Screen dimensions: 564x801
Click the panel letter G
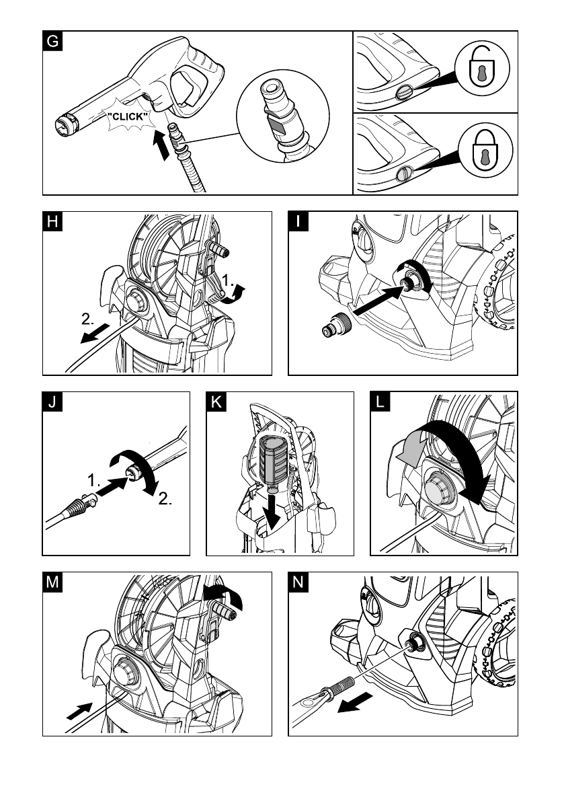[x=52, y=41]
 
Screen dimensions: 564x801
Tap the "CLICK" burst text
[x=127, y=116]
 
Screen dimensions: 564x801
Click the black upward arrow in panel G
[x=161, y=145]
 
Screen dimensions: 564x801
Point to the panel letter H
[x=52, y=222]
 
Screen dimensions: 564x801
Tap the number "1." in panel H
[x=228, y=280]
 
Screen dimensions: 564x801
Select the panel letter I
[x=298, y=222]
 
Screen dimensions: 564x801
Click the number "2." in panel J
[x=165, y=498]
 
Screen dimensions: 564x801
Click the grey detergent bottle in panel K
[x=274, y=461]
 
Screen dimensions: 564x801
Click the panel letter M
[x=52, y=582]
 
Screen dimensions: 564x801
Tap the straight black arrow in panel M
[x=79, y=711]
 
